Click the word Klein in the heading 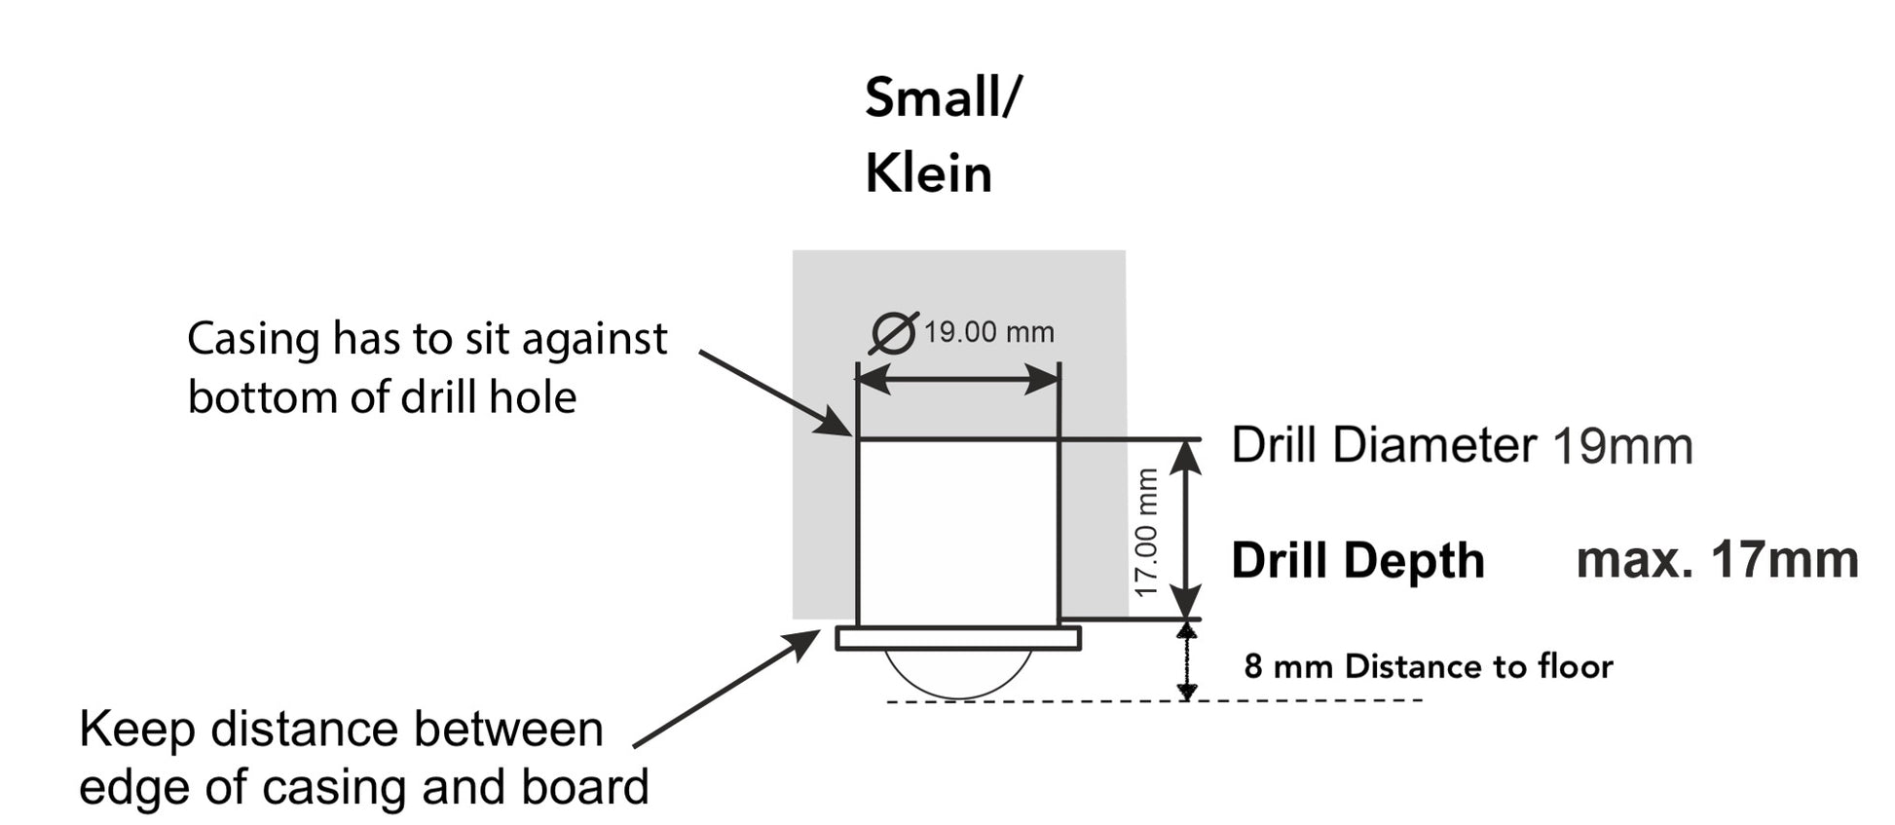tap(928, 175)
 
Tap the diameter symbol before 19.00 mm tap(894, 333)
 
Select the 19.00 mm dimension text tap(988, 333)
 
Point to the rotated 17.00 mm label tap(1147, 532)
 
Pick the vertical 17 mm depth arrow tap(1186, 529)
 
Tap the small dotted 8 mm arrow tap(1186, 662)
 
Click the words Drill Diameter tap(1383, 446)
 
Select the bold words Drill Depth tap(1357, 561)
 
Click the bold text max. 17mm tap(1717, 561)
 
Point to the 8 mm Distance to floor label tap(1428, 667)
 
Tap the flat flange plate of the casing tap(958, 638)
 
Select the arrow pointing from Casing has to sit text tap(774, 393)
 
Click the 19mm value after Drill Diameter tap(1622, 447)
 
